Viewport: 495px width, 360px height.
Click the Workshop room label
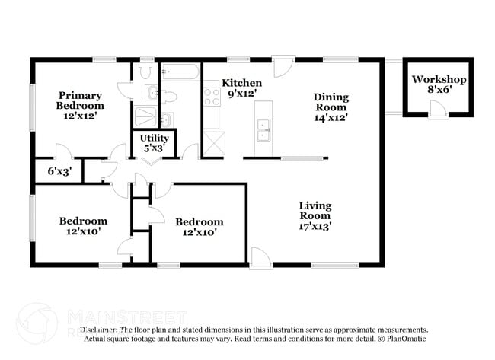coord(439,79)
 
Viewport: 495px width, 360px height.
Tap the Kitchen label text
coord(241,83)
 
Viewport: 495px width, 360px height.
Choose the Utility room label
coord(154,138)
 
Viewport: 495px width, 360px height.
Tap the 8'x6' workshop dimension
coord(439,90)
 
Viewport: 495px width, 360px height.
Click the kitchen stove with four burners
coord(212,96)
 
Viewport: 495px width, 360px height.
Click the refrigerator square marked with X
coord(213,143)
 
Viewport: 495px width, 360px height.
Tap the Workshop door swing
coord(437,111)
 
